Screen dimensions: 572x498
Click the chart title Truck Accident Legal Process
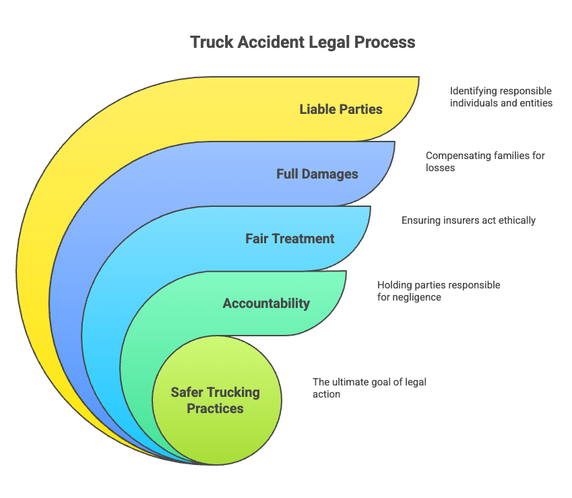coord(303,42)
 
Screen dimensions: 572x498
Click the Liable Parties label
coord(341,109)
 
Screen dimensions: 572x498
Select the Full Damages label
coord(317,174)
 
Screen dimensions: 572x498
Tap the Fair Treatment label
coord(290,239)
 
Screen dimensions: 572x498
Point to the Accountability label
coord(266,303)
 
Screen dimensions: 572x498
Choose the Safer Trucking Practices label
coord(215,400)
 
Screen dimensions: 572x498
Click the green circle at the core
coord(217,400)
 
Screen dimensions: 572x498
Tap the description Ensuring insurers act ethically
coord(468,220)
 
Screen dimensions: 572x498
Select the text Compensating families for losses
coord(485,162)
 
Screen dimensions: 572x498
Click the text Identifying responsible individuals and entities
coord(501,96)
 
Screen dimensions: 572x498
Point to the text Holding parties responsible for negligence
coord(439,290)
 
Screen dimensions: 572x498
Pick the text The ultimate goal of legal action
coord(369,387)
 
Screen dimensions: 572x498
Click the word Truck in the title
coord(212,42)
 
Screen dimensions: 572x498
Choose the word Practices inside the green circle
coord(215,408)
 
